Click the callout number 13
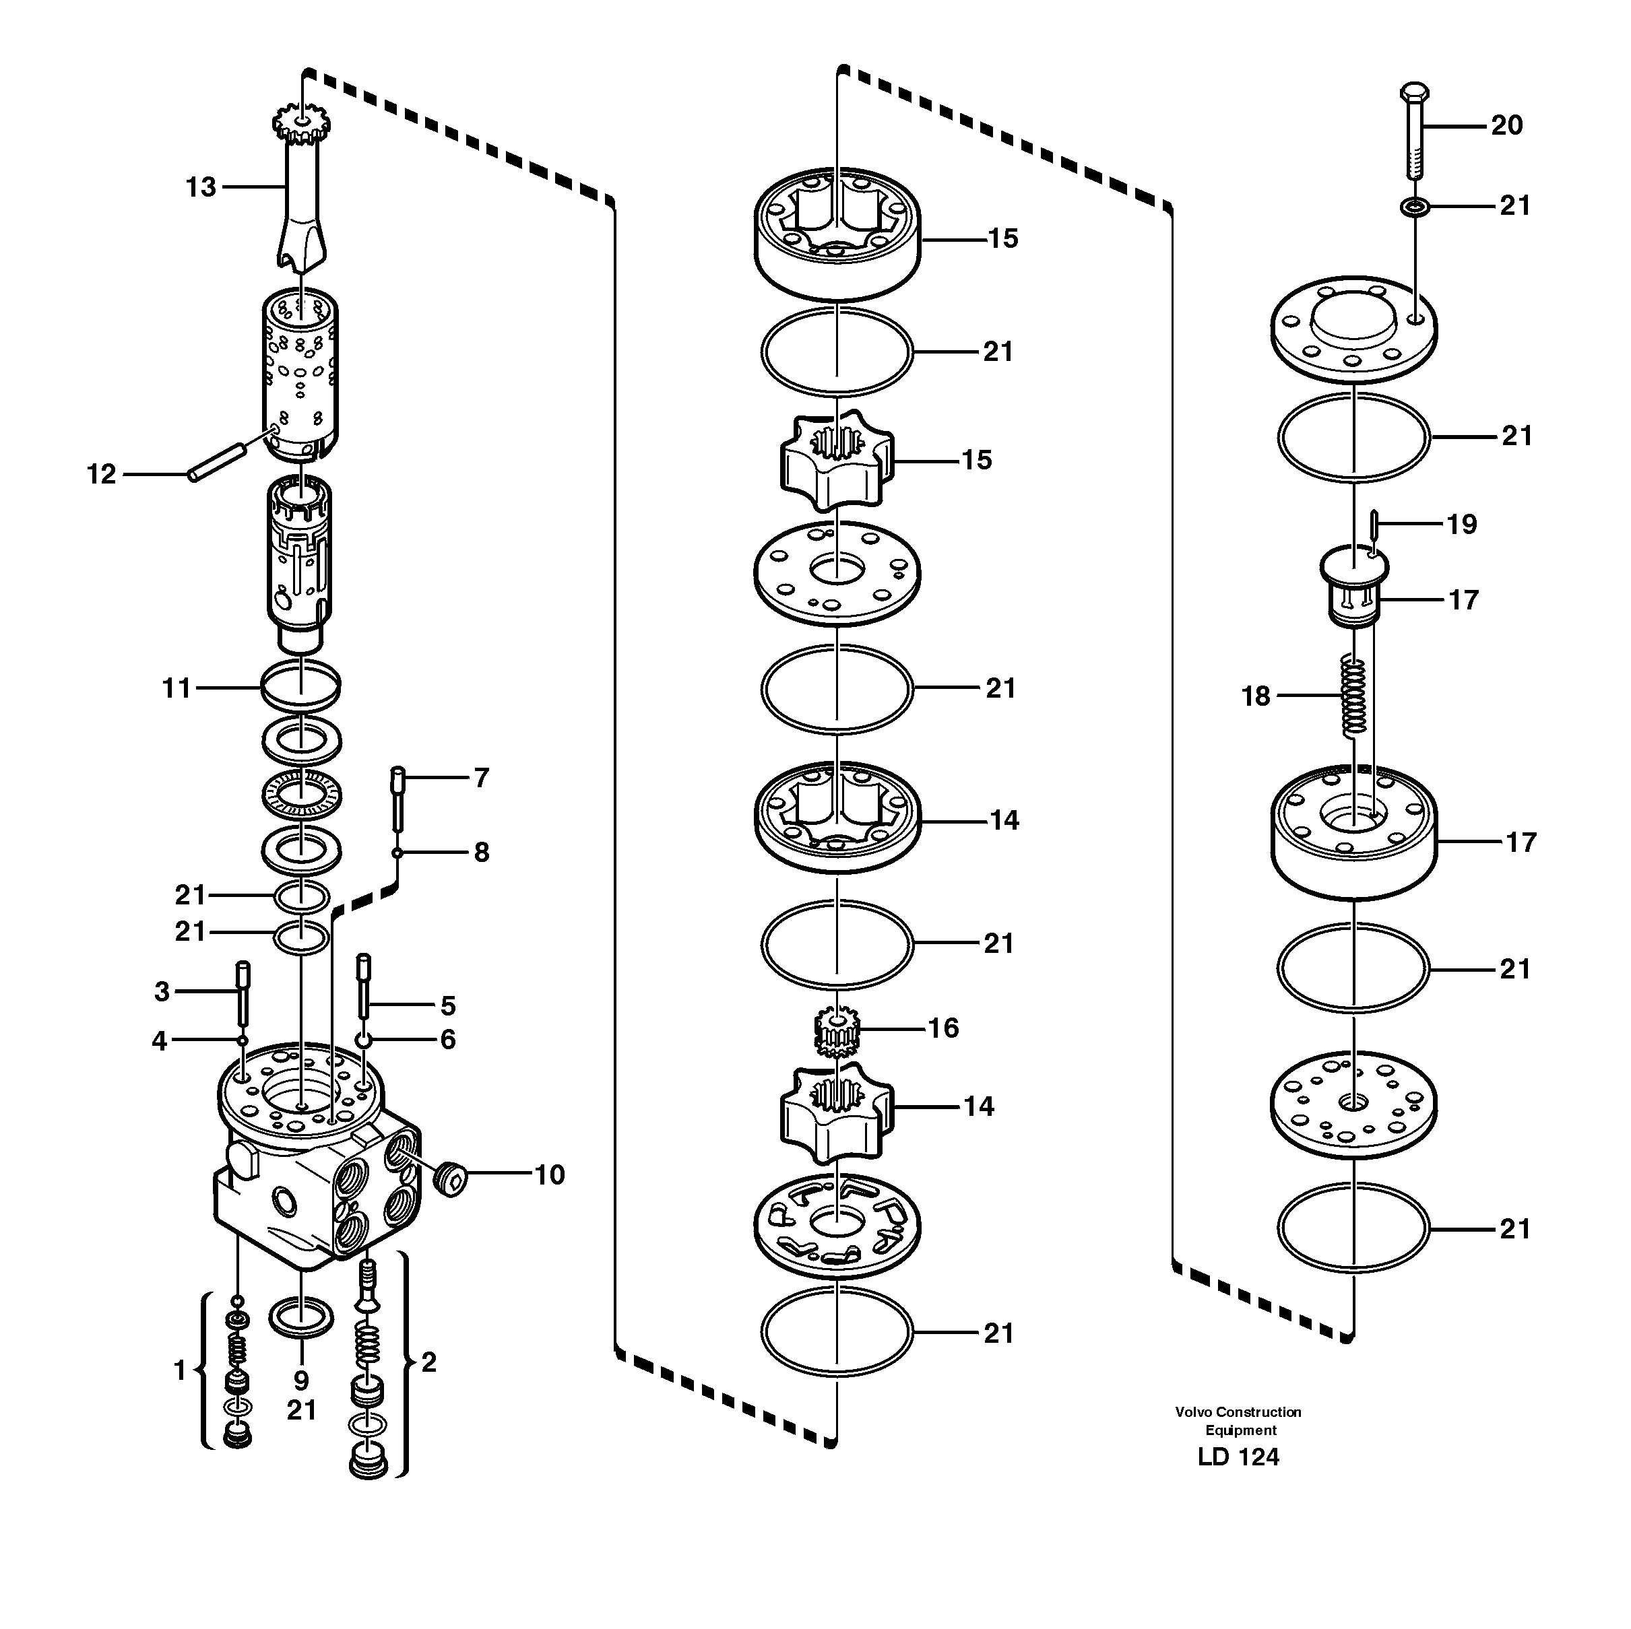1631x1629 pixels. click(x=201, y=187)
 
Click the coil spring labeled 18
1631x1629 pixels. click(x=1354, y=696)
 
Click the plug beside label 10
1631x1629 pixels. click(x=451, y=1177)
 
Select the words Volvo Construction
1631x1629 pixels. click(x=1238, y=1412)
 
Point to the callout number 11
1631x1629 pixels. click(x=177, y=689)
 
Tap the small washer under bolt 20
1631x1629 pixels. click(x=1414, y=206)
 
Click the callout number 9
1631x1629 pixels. click(x=301, y=1381)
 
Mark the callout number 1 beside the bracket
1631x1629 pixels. click(x=179, y=1370)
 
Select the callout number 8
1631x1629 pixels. click(x=481, y=853)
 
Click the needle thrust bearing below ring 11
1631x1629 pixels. click(x=301, y=793)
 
